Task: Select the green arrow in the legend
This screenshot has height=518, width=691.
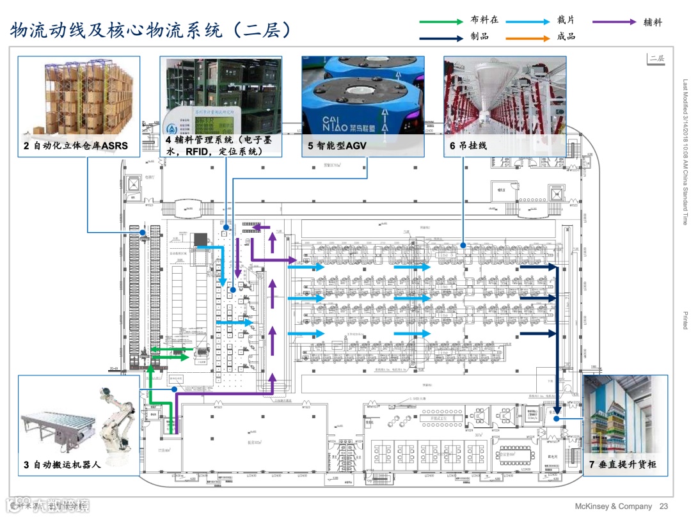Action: pos(441,22)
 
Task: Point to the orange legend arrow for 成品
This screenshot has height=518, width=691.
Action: pos(527,38)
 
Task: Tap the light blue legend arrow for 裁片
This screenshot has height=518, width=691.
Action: pos(527,22)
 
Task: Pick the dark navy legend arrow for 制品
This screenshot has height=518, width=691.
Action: pos(441,38)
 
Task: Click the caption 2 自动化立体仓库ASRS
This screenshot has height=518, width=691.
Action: pos(75,146)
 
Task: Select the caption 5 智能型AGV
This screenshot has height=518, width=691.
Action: pos(339,146)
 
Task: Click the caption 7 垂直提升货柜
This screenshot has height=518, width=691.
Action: pos(623,464)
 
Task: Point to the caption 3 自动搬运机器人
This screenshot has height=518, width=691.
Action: pos(62,464)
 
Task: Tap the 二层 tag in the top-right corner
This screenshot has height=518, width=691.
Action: pos(656,58)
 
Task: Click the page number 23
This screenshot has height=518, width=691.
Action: pos(663,506)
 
